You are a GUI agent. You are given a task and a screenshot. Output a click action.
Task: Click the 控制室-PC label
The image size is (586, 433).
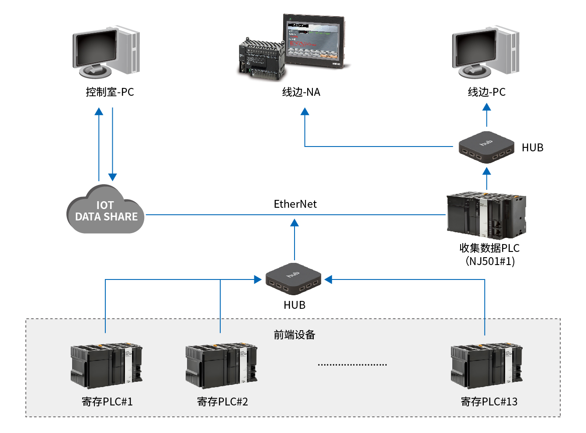pos(110,92)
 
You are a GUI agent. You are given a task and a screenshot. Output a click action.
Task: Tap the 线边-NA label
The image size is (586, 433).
pos(301,92)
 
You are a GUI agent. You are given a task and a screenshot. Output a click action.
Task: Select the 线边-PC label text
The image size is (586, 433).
pos(486,92)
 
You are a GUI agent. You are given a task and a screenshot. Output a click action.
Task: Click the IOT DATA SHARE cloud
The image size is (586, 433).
pos(105,211)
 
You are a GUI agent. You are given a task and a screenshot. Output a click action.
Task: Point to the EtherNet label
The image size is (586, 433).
pos(295,204)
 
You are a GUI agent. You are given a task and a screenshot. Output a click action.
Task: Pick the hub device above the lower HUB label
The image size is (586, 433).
pos(293,280)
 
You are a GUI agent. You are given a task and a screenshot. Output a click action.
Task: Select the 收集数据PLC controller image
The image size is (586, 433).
pos(486,215)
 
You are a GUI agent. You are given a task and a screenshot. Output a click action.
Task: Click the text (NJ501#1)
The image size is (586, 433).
pos(489,262)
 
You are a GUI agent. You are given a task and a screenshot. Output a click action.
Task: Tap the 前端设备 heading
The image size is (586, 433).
pos(294,335)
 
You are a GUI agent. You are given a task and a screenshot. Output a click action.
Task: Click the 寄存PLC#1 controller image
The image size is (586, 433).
pos(106,366)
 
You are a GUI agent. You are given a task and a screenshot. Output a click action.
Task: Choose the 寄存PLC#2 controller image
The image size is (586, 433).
pos(221,366)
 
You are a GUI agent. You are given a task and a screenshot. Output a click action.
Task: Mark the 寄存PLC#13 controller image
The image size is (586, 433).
pos(486,366)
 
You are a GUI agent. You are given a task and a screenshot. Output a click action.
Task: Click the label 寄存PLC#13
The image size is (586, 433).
pos(489,402)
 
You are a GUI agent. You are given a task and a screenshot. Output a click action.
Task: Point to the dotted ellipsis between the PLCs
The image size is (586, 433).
pos(352,364)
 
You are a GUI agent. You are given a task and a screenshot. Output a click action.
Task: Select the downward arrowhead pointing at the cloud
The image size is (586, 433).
pos(113,177)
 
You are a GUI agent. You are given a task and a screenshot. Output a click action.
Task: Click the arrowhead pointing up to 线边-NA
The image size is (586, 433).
pos(305,112)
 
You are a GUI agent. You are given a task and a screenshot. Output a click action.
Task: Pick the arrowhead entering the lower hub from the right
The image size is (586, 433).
pos(329,279)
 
